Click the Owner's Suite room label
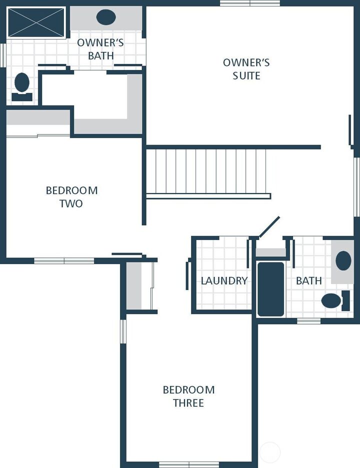(246, 69)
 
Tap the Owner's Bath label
(100, 49)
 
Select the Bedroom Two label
(71, 196)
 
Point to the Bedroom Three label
(188, 396)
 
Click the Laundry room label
(224, 280)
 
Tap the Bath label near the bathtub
(309, 280)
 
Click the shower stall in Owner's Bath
(36, 22)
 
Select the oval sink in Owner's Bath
(106, 17)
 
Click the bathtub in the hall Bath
(270, 289)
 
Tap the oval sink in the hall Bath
(343, 260)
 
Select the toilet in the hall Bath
(335, 300)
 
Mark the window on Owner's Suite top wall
(250, 3)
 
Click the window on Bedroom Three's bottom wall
(189, 465)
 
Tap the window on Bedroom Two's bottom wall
(64, 261)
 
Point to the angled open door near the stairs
(269, 227)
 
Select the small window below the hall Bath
(309, 321)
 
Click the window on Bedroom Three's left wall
(123, 331)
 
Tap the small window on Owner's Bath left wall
(3, 55)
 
